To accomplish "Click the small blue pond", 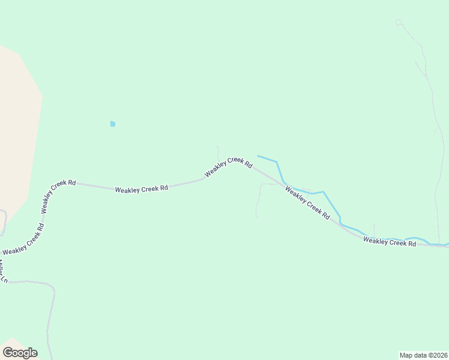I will click(112, 124).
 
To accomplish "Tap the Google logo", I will click(20, 353).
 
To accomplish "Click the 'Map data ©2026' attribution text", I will click(424, 355).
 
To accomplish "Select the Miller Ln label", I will click(4, 271).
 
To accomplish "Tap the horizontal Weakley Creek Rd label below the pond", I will click(142, 189).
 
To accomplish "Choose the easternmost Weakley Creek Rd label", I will click(390, 242).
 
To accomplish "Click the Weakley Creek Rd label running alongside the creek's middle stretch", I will click(307, 202).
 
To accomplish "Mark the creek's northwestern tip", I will click(258, 156).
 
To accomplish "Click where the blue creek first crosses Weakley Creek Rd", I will click(283, 182).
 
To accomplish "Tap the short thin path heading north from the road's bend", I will click(218, 151).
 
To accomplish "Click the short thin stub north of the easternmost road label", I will click(374, 230).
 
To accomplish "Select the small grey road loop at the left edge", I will click(3, 222).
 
